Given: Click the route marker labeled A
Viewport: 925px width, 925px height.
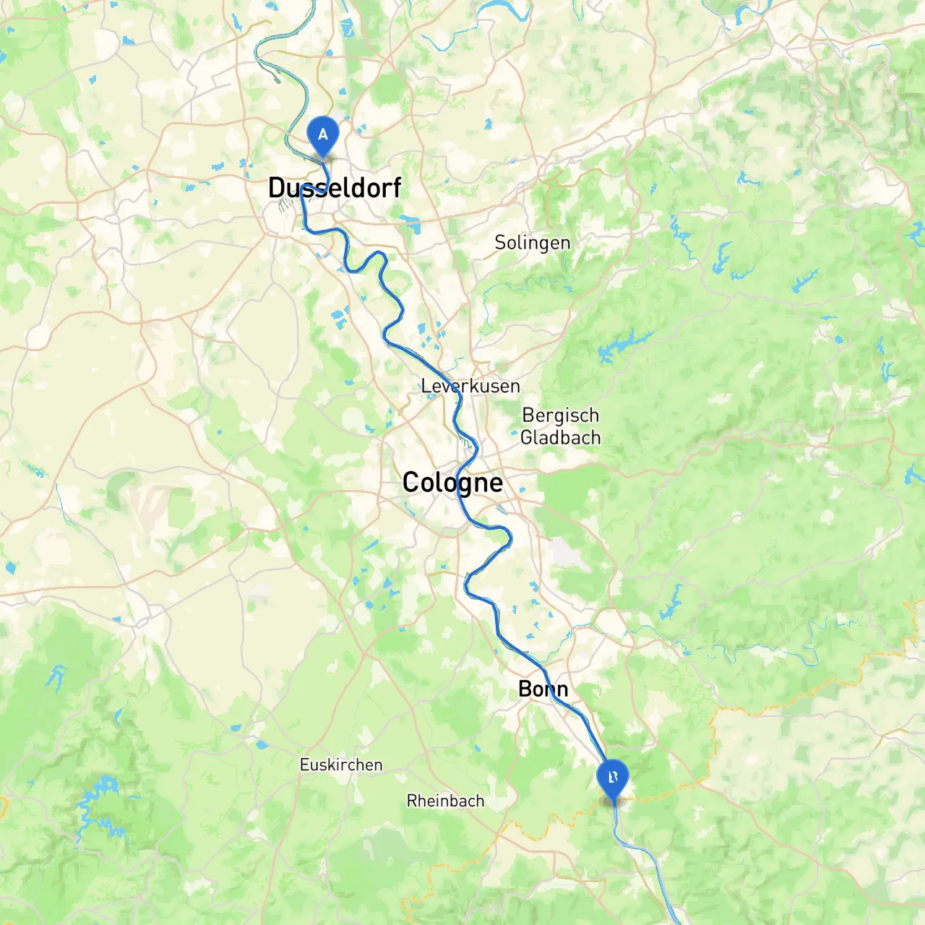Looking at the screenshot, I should point(323,134).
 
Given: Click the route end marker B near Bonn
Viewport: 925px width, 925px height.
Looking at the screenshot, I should point(613,778).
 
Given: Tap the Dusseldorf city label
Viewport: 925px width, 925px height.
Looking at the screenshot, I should point(334,188).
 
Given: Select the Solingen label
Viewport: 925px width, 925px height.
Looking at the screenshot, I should point(532,243).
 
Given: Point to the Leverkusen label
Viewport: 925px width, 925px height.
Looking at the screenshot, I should point(470,387).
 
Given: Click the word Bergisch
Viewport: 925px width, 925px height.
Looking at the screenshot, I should point(560,416).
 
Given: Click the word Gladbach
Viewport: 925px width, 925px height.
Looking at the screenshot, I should point(560,438).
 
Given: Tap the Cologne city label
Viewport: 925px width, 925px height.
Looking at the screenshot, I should point(452,483).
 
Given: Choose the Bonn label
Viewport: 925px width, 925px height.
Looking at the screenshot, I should point(543,689).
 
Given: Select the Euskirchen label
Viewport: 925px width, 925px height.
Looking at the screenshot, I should point(341,765).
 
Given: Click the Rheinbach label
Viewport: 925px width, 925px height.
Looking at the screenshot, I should point(445,801).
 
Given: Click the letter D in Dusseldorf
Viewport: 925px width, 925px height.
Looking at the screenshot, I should point(276,188).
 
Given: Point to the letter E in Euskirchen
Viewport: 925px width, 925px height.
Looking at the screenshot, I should point(304,765).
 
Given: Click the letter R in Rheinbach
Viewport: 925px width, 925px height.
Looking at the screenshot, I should point(411,801).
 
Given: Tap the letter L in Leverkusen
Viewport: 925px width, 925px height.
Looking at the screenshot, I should point(426,387).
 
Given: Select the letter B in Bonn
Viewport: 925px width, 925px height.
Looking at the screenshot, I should point(525,689).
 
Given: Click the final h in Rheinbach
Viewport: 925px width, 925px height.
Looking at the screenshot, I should point(480,801).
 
